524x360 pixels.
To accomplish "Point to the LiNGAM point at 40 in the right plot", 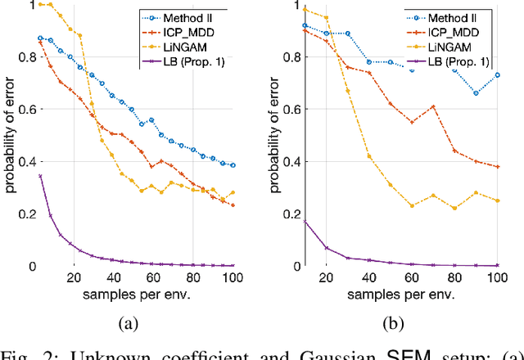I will click(369, 156).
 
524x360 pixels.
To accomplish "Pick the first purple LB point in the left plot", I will click(39, 176).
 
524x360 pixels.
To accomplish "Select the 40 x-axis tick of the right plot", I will click(369, 277).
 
